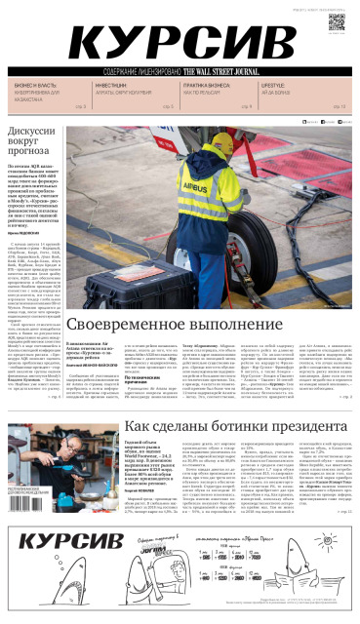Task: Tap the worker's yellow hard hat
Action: click(220, 147)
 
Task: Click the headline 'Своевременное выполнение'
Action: click(191, 323)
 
